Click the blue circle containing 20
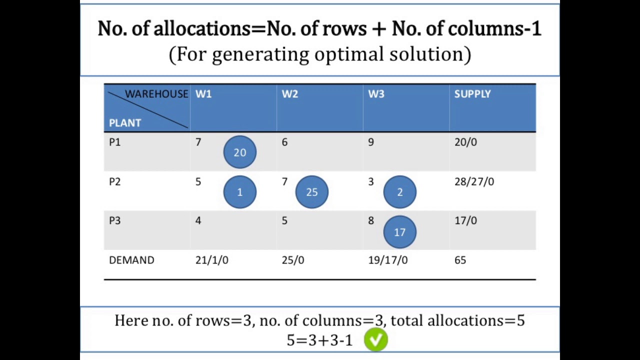(x=239, y=152)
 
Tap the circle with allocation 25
(x=311, y=191)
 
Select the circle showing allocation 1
(x=239, y=191)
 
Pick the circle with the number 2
(x=399, y=191)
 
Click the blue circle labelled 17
(x=399, y=231)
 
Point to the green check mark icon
(x=375, y=339)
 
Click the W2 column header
(x=289, y=94)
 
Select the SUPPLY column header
(x=472, y=94)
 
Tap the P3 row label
(x=115, y=220)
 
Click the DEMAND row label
(x=131, y=260)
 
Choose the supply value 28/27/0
(x=474, y=181)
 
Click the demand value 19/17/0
(x=387, y=260)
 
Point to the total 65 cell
(x=460, y=260)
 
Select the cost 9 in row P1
(x=371, y=142)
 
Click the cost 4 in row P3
(x=198, y=220)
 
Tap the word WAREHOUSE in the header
(x=156, y=94)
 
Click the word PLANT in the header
(x=125, y=123)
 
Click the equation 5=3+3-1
(x=319, y=340)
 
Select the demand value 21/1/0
(x=211, y=260)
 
